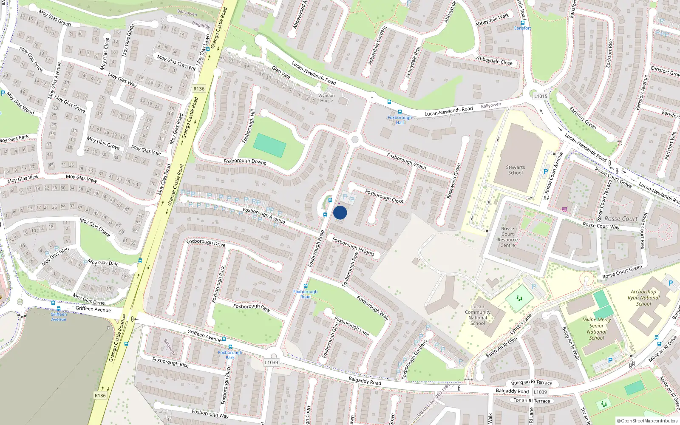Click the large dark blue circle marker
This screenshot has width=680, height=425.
[x=340, y=212]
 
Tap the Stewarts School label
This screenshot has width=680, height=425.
[x=515, y=170]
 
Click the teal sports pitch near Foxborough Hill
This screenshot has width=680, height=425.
[x=269, y=145]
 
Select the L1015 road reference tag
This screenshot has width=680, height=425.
[x=541, y=96]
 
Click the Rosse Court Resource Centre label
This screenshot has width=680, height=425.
[x=507, y=237]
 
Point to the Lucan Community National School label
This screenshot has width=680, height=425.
[x=477, y=315]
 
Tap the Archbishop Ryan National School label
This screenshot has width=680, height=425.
[x=643, y=297]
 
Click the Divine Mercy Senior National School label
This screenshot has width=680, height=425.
[x=596, y=329]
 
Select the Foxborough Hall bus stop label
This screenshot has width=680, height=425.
[x=399, y=120]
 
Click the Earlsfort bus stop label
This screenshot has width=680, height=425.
[x=522, y=28]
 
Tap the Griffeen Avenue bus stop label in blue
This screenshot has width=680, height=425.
[x=59, y=317]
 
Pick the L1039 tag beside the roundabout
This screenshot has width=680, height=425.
[x=271, y=363]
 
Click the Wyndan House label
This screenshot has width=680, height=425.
[x=326, y=98]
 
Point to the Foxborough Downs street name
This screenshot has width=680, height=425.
[x=245, y=161]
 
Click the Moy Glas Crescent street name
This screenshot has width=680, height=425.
[x=176, y=62]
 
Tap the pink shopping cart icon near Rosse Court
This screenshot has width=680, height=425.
[x=564, y=209]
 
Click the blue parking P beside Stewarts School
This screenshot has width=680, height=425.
[x=545, y=172]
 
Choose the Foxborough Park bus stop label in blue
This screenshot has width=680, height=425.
[x=230, y=355]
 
